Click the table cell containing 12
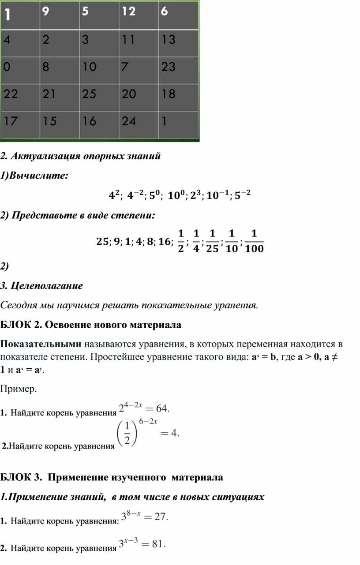pyautogui.click(x=139, y=15)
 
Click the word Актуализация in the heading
pyautogui.click(x=47, y=156)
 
